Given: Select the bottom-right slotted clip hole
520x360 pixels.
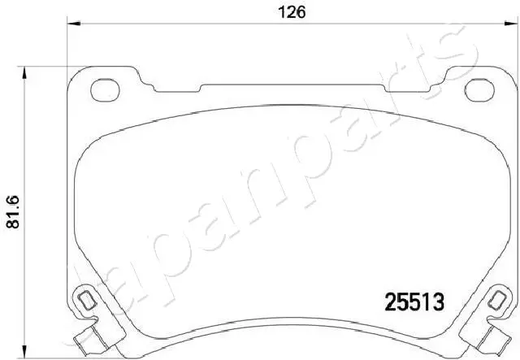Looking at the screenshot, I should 498,301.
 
